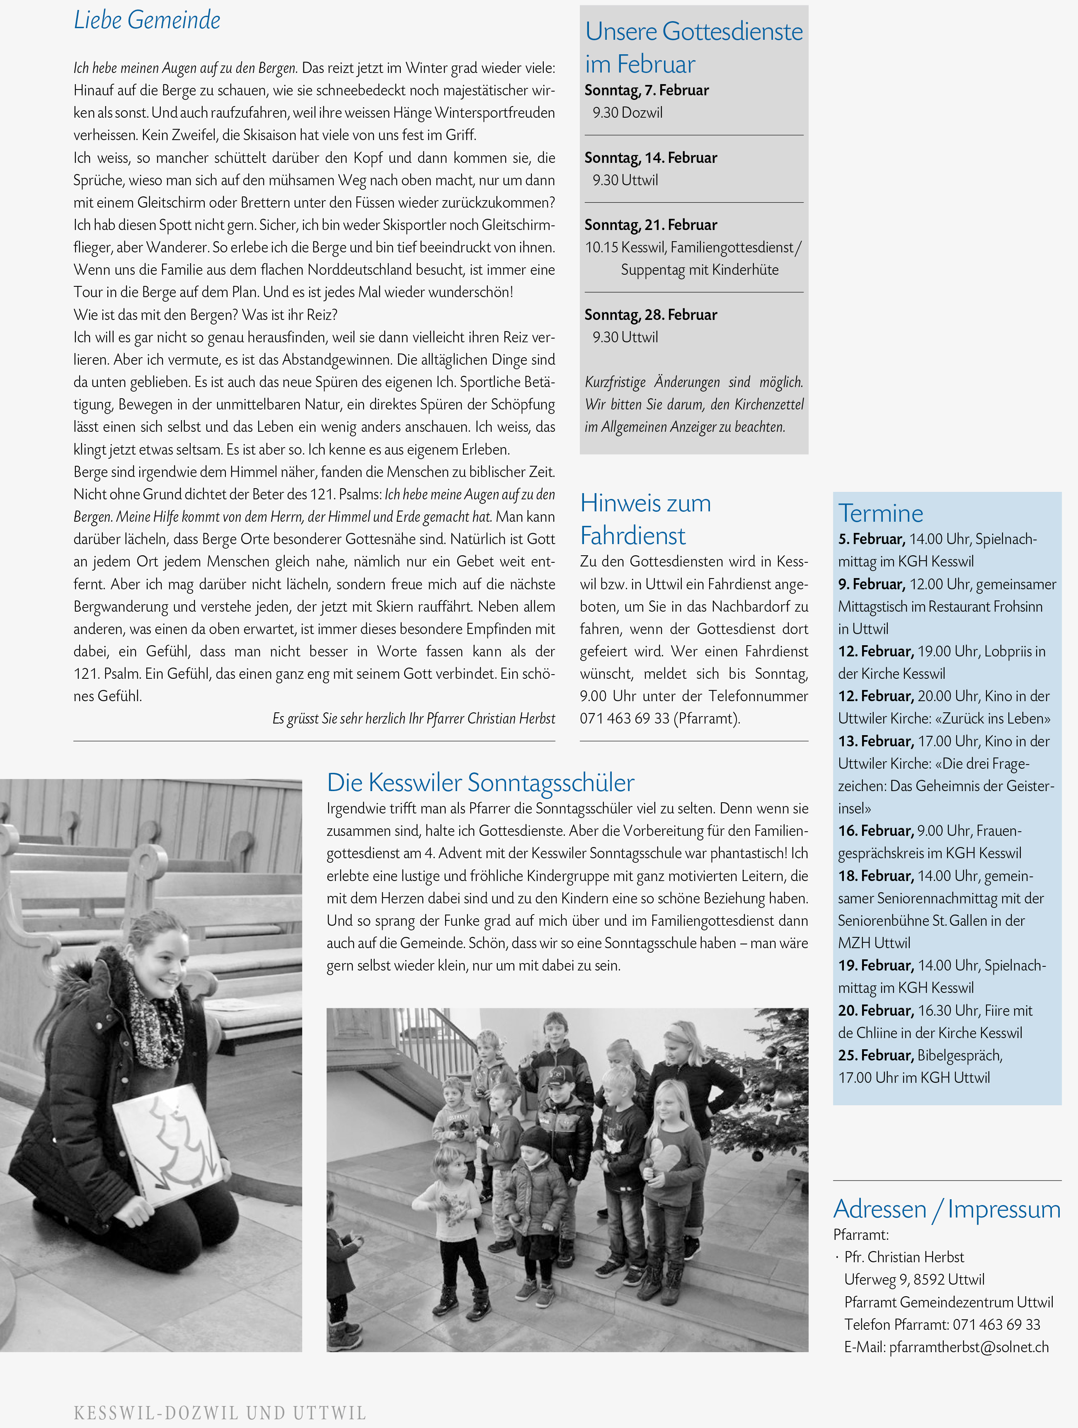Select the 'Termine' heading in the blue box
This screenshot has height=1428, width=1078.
point(880,513)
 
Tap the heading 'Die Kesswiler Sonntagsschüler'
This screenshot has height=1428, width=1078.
point(480,782)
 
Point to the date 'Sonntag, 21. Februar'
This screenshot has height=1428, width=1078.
point(651,225)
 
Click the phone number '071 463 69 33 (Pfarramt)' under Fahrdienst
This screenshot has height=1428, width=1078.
point(660,719)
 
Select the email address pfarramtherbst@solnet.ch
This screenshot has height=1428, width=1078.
point(968,1347)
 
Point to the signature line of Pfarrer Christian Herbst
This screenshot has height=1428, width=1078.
point(413,719)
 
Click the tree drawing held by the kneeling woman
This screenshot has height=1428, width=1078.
point(169,1142)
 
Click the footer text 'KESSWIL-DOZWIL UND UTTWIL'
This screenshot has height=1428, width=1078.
point(220,1413)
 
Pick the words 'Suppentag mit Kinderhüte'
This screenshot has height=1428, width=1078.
point(700,270)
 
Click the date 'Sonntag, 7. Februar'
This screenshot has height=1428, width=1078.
point(646,90)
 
